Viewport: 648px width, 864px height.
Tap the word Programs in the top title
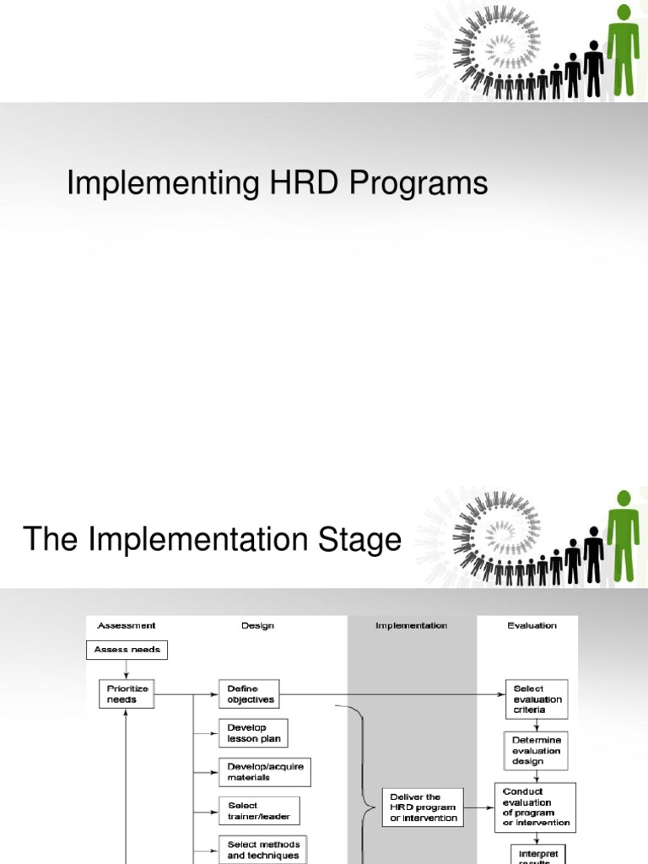coord(413,183)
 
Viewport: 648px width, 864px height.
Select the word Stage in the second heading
coord(354,540)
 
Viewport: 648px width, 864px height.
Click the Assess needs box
coord(127,650)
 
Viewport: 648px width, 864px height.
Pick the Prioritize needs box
coord(127,694)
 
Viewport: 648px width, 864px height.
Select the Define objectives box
coord(248,694)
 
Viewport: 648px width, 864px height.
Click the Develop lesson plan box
coord(253,732)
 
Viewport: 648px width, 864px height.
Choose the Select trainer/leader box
coord(258,811)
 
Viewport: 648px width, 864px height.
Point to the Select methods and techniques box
coord(263,849)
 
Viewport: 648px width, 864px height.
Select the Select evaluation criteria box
coord(536,699)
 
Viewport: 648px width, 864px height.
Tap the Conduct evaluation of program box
coord(535,807)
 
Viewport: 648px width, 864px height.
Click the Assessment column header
coord(127,625)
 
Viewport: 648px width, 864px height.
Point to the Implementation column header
coord(411,625)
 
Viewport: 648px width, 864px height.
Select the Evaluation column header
coord(532,625)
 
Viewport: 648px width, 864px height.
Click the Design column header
coord(257,625)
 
